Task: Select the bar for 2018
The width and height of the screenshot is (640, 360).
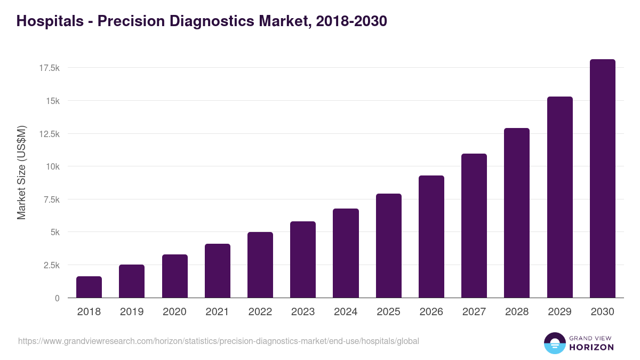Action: coord(89,287)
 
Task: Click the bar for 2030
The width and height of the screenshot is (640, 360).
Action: coord(602,179)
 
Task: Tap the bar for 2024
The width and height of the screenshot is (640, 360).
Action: coord(346,253)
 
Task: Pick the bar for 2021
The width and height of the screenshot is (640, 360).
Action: coord(217,271)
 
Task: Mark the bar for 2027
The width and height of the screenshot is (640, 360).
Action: coord(474,226)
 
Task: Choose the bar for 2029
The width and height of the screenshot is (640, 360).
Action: coord(559,197)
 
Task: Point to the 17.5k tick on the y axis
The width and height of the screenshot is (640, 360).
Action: coord(49,68)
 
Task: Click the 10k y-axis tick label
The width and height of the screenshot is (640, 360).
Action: coord(52,166)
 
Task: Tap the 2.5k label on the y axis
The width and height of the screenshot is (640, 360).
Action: coord(51,265)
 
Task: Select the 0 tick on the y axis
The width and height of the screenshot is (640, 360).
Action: coord(57,298)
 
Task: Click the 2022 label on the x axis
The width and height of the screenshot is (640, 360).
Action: coord(260,312)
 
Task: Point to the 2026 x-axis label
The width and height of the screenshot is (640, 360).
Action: coord(431,312)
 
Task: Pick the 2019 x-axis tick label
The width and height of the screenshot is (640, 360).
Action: coord(132,312)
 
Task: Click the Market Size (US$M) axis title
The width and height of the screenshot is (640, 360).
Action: coord(21,172)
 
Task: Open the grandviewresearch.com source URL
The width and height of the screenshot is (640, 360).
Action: coord(219,341)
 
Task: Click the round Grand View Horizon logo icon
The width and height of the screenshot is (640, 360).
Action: coord(555,343)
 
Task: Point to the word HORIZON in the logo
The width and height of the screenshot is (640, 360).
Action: coord(591,347)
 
